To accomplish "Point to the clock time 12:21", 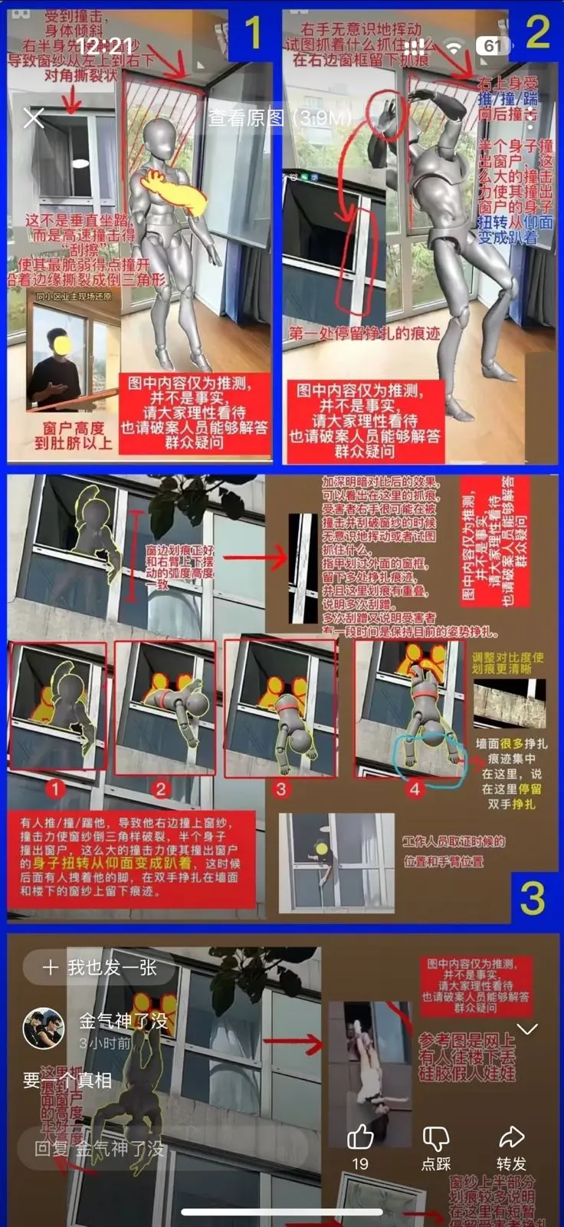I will [105, 46].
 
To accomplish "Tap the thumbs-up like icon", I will [360, 1137].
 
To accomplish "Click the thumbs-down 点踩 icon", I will [436, 1137].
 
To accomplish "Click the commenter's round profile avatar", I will [44, 1028].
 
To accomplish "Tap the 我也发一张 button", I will [100, 967].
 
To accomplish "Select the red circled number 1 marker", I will [54, 788].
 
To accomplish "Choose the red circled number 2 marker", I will [160, 788].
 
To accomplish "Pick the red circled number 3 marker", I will [280, 788].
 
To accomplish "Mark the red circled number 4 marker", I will [415, 788].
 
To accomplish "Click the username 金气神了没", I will [123, 1021].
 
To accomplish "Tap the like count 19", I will [360, 1164].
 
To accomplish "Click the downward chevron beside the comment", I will [528, 1028].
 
